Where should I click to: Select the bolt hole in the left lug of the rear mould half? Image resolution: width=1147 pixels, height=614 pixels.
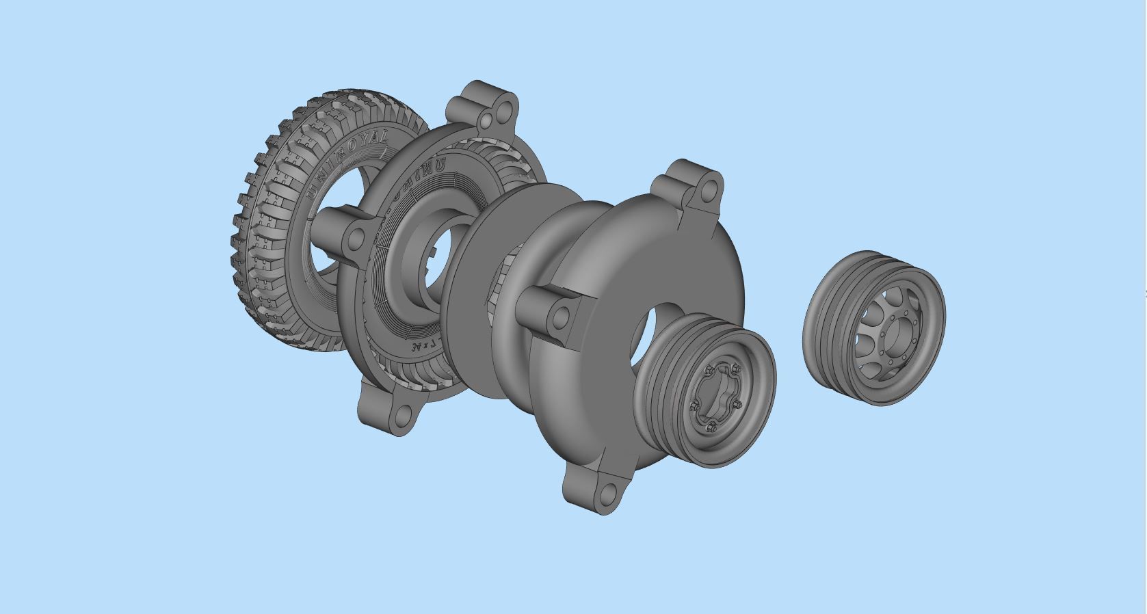pos(356,239)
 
